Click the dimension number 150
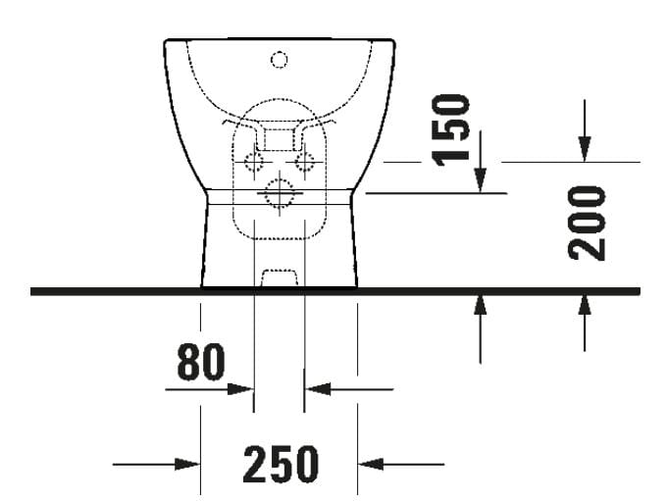pos(453,129)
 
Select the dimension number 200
pos(590,221)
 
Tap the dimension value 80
pos(201,362)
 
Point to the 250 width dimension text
pos(281,463)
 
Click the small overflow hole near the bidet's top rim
pos(280,61)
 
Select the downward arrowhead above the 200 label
pos(585,148)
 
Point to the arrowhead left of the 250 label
pos(187,463)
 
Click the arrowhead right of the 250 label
pos(372,463)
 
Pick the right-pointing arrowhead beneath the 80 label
pos(241,388)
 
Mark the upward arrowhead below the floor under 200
pos(585,306)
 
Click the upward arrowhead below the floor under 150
pos(480,306)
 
